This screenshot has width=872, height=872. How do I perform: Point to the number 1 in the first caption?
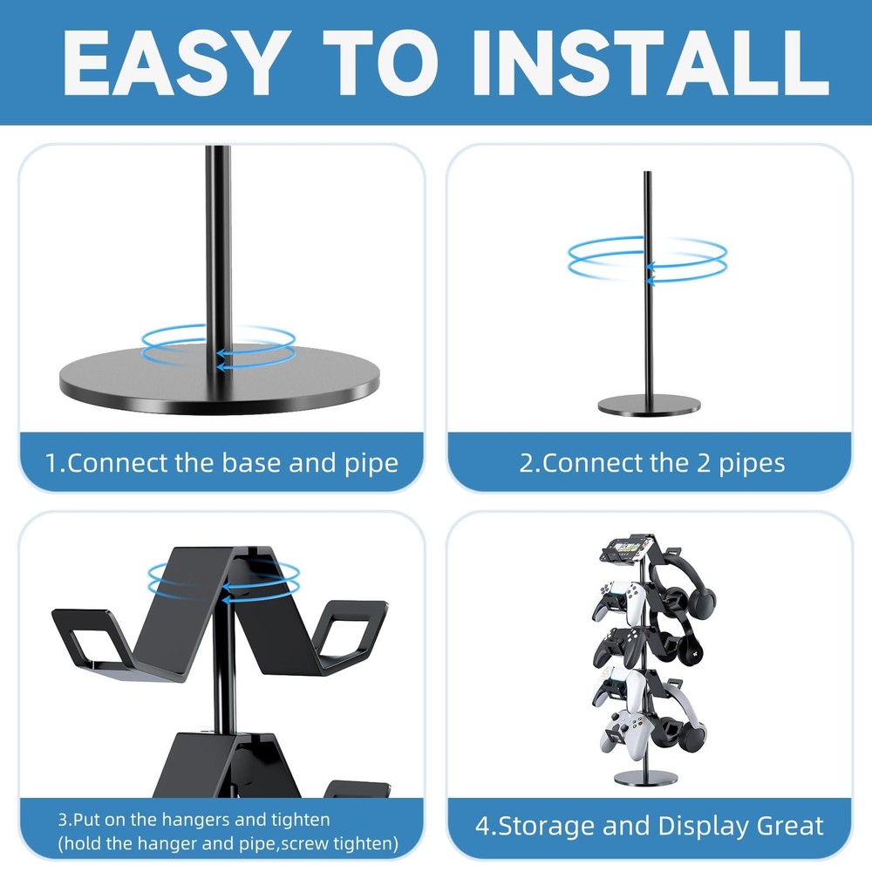click(x=51, y=462)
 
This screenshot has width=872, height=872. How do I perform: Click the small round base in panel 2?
click(x=648, y=405)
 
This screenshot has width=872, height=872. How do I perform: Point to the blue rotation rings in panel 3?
click(x=224, y=579)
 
